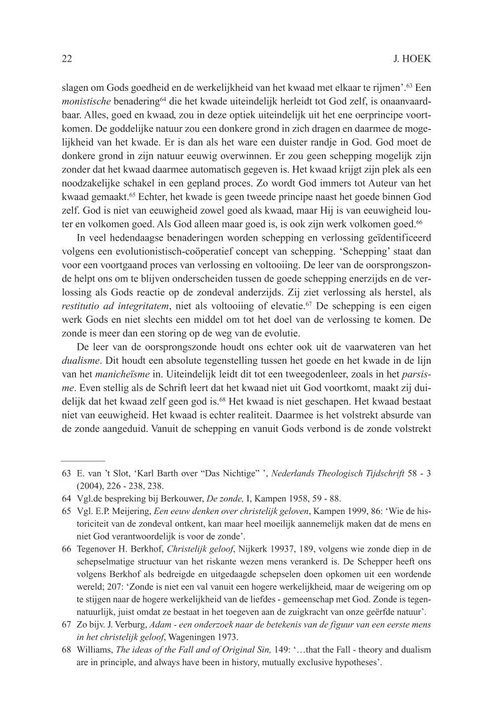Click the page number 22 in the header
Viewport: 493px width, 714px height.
[66, 59]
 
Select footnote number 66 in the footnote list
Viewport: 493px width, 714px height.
[65, 548]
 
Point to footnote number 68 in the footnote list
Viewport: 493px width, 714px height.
[65, 648]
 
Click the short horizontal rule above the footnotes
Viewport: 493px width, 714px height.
[83, 461]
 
